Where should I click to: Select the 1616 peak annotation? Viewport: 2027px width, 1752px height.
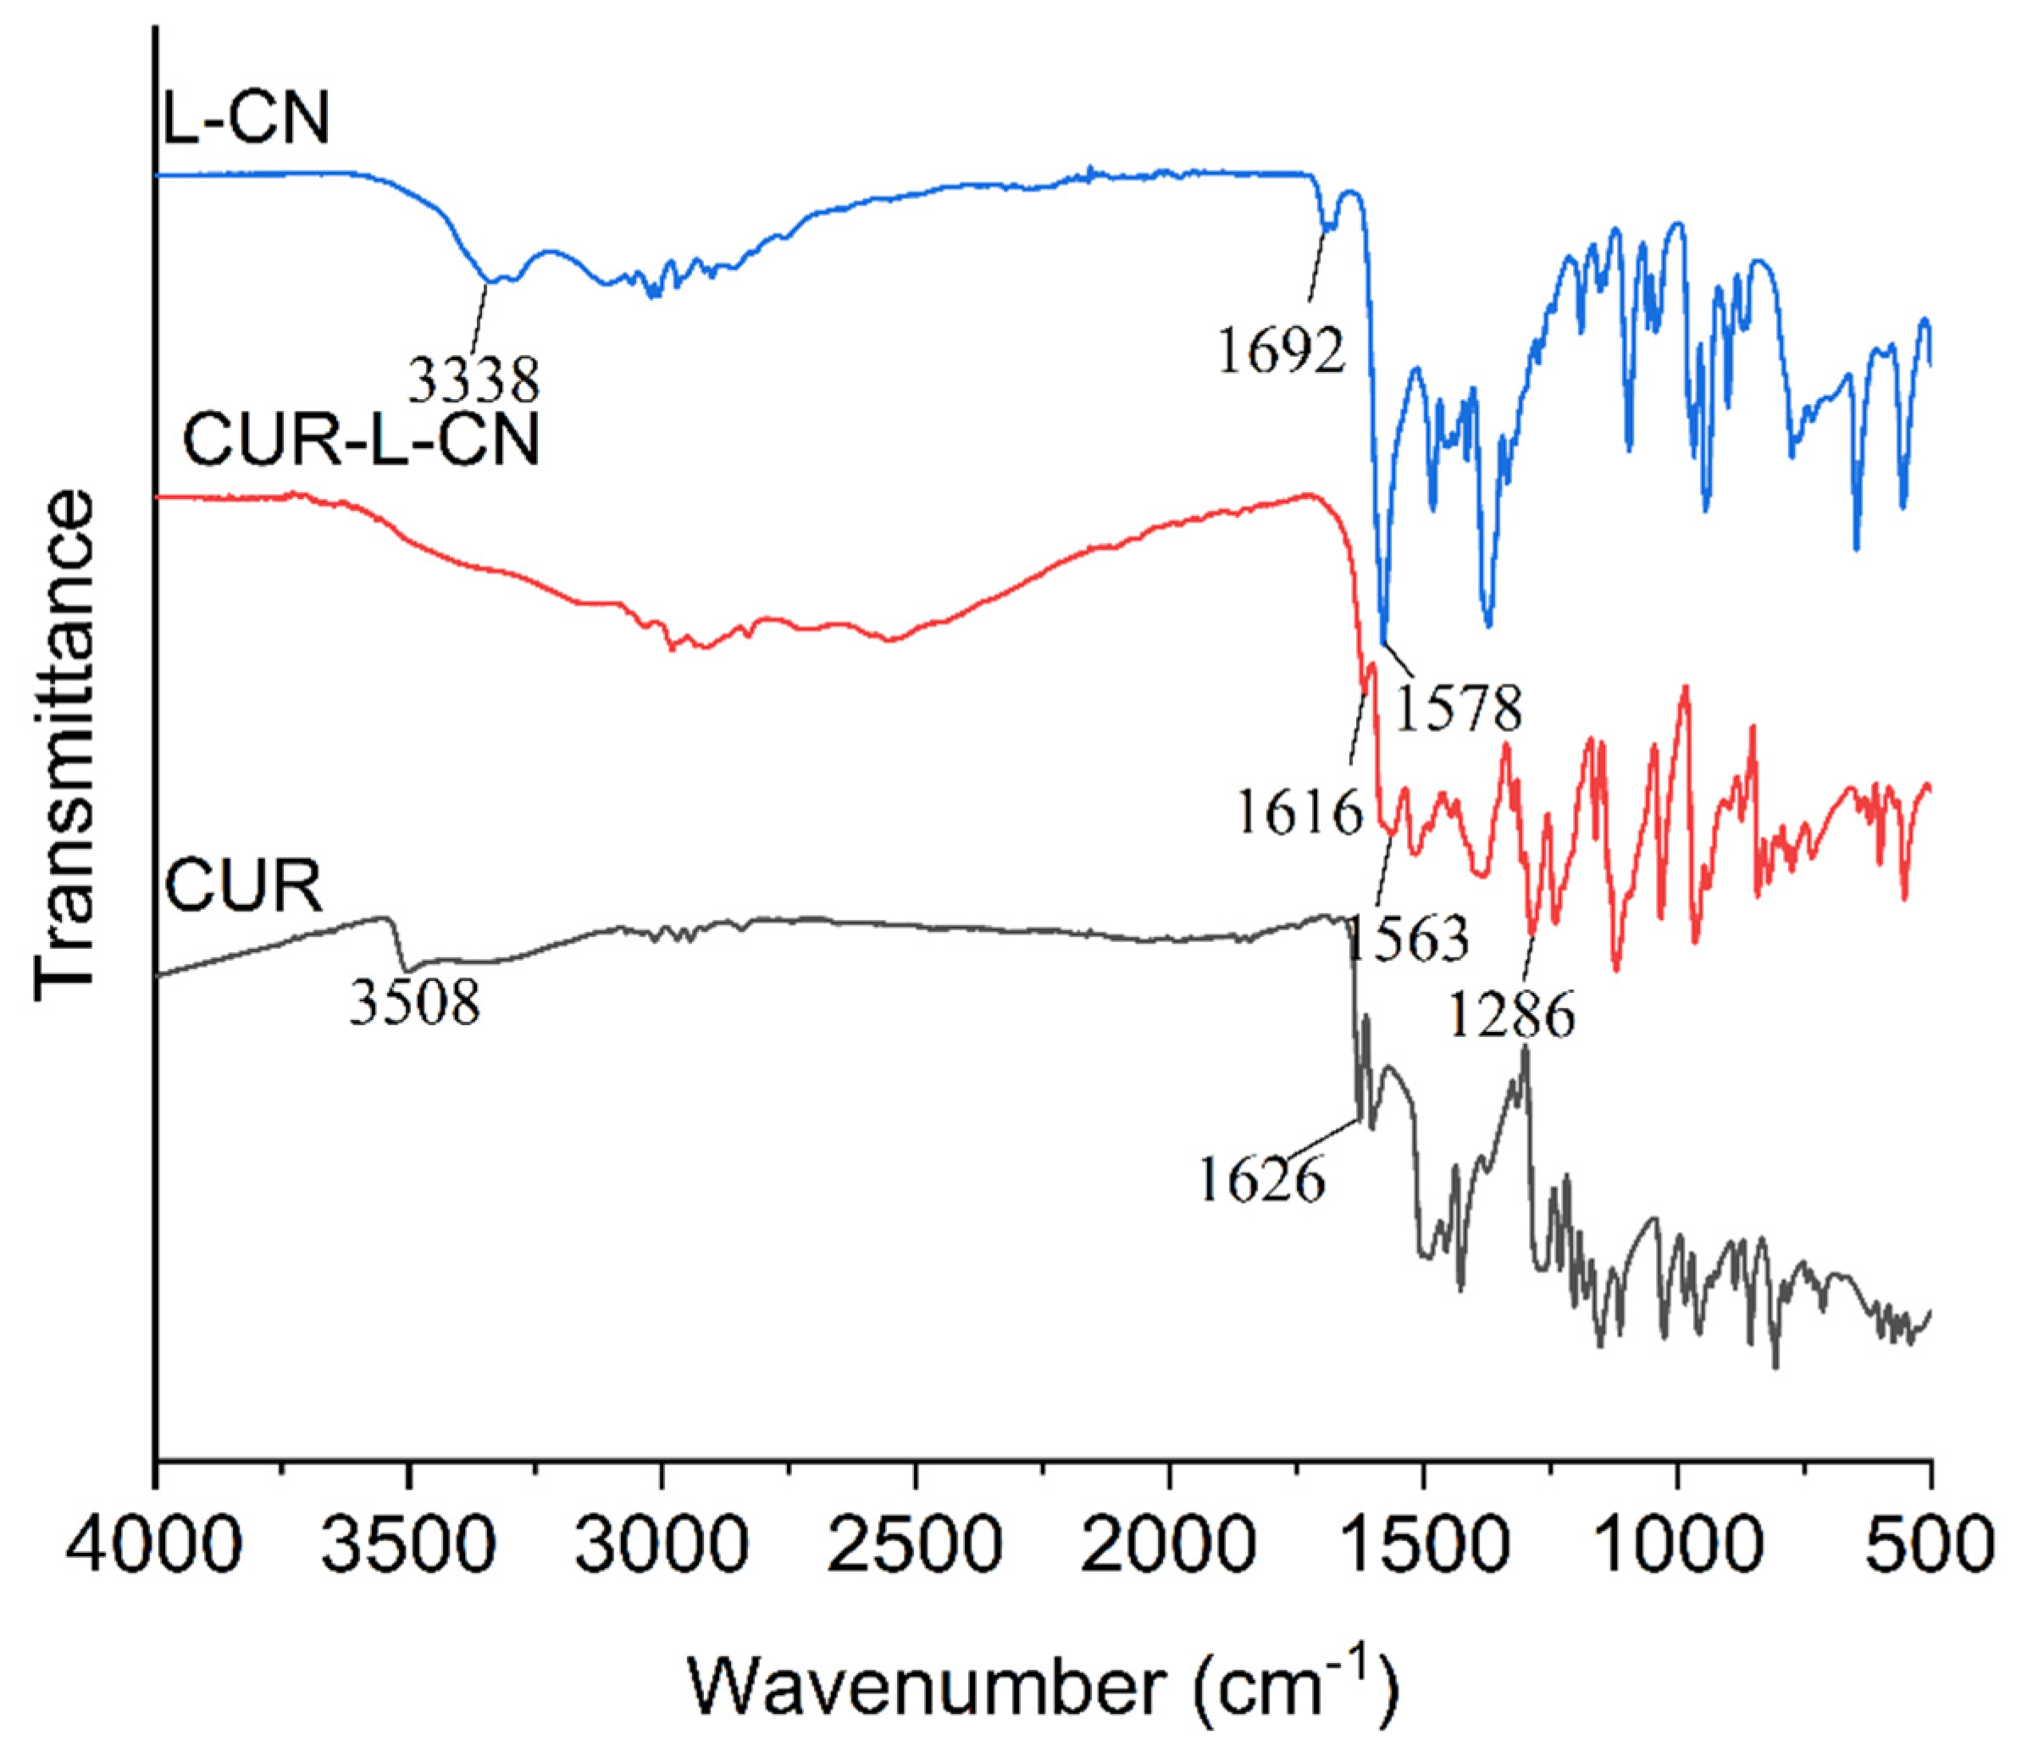click(1299, 811)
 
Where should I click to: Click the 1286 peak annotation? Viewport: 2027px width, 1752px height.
click(1511, 1014)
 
